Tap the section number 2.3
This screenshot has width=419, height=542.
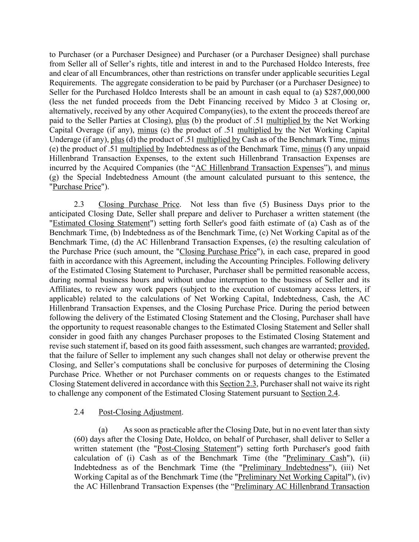[x=79, y=204]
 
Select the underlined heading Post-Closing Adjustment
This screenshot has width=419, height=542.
[x=140, y=412]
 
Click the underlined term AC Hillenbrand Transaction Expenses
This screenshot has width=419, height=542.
[x=260, y=168]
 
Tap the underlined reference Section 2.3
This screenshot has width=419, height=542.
[x=238, y=384]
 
